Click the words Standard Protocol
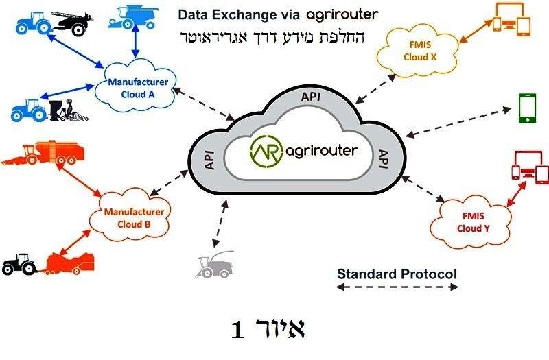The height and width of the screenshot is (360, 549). click(397, 274)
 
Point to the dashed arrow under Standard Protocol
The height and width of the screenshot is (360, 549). click(397, 288)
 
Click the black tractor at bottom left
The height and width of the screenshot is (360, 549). click(19, 263)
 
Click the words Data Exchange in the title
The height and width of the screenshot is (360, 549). click(220, 14)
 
